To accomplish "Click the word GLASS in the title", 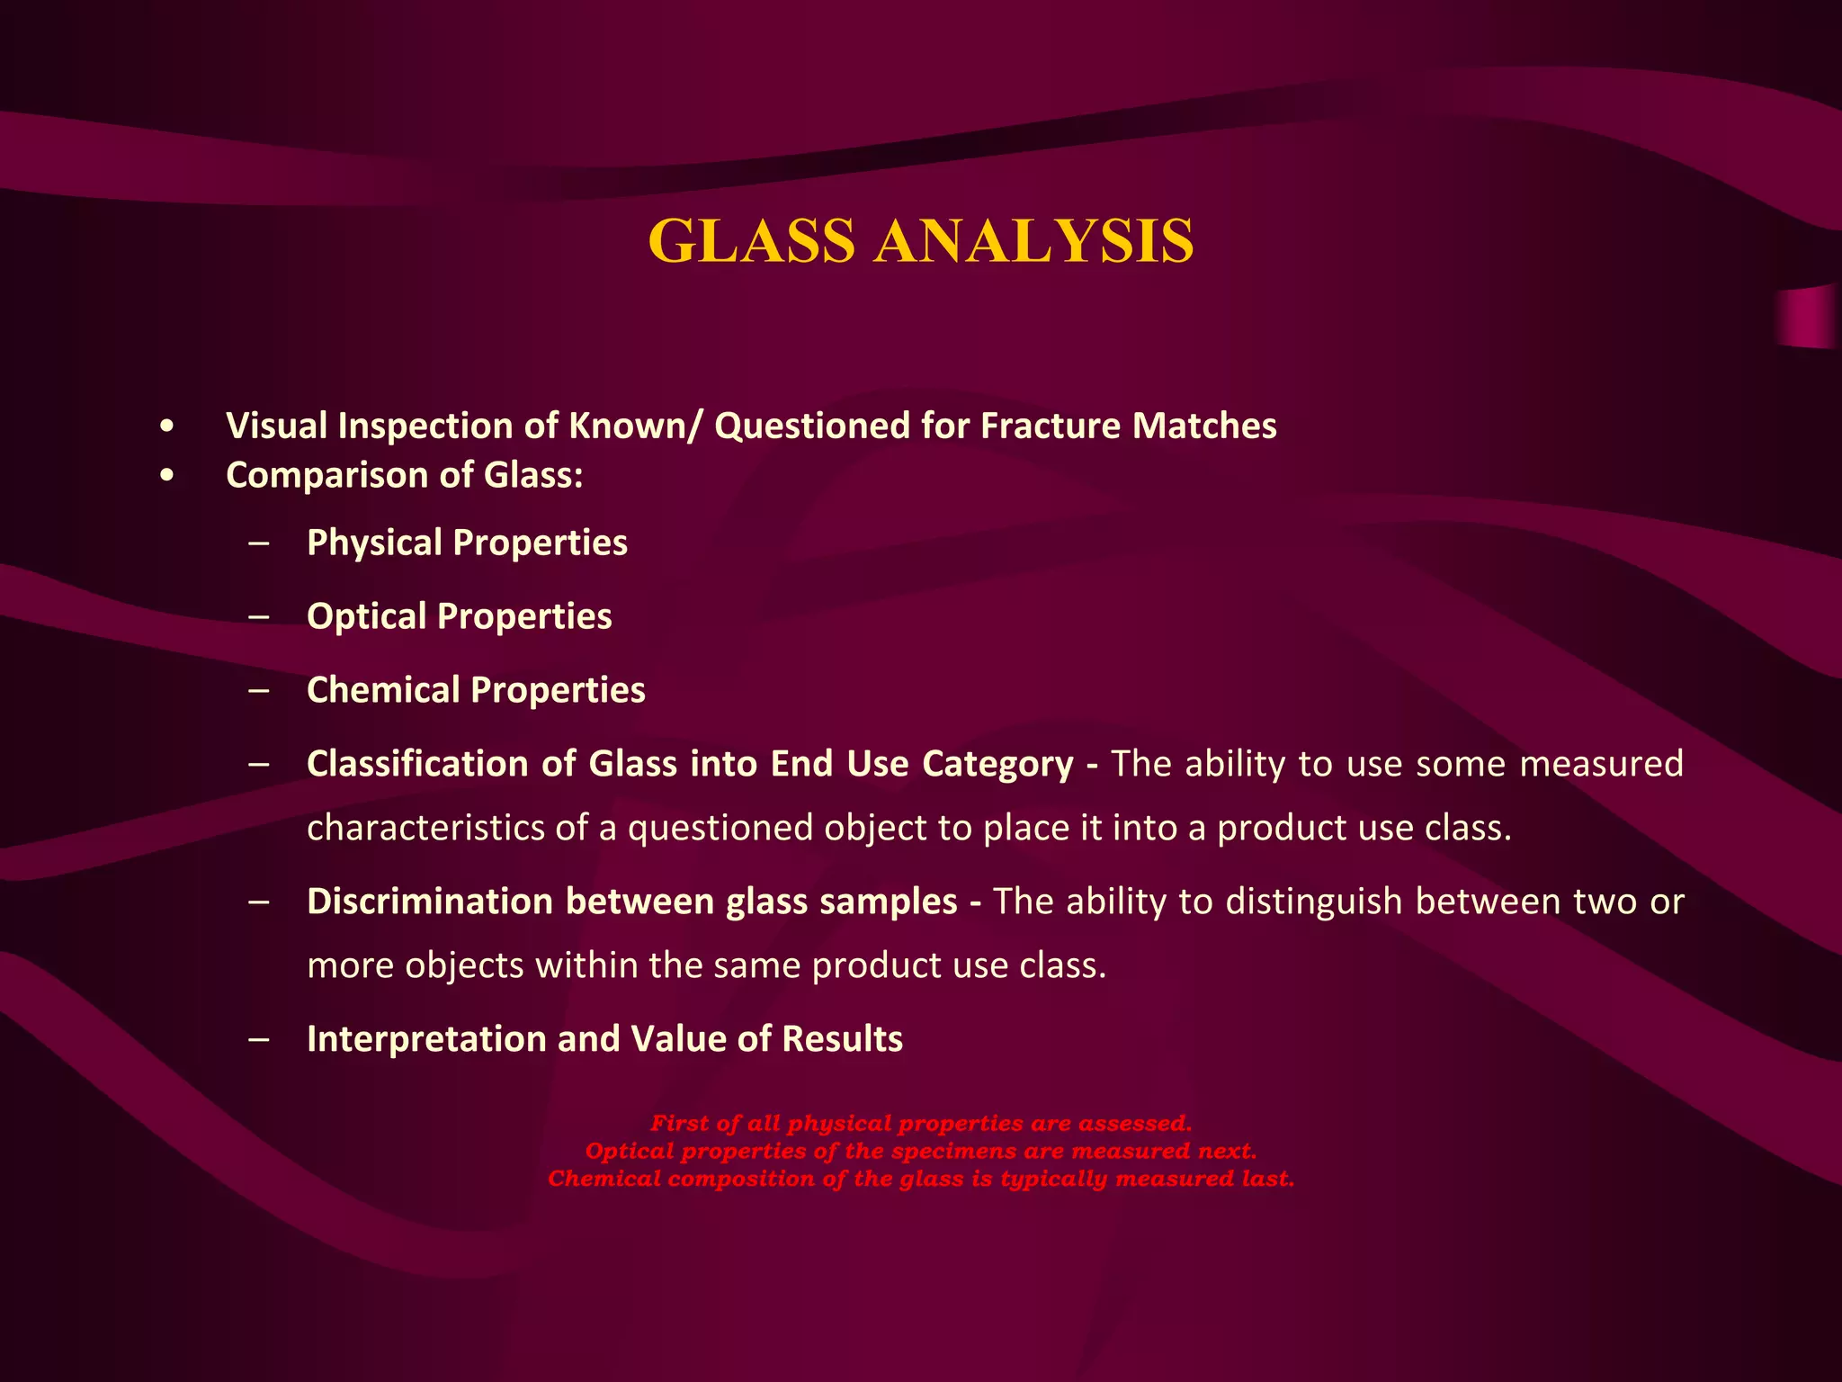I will click(x=751, y=241).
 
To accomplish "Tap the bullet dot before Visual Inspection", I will click(x=165, y=427).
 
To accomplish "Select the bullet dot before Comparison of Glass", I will click(x=165, y=476).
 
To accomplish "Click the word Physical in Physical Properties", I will click(x=374, y=543).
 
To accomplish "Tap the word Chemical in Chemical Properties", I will click(x=383, y=690).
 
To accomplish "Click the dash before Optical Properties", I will click(x=261, y=617).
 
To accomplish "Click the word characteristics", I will click(x=425, y=828).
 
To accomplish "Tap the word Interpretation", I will click(x=426, y=1039).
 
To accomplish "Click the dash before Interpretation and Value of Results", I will click(x=261, y=1040).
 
